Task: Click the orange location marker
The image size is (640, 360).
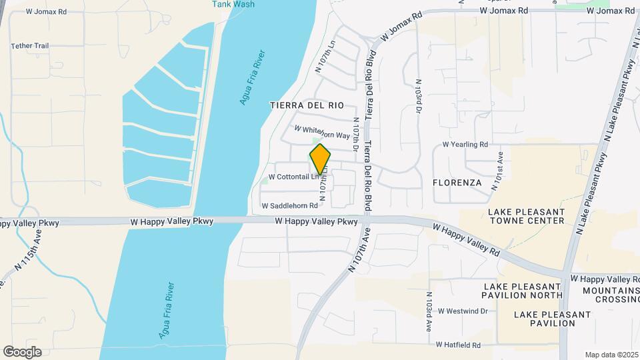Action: point(321,159)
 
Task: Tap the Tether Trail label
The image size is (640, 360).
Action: point(30,46)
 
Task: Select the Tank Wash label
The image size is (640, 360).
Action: point(233,4)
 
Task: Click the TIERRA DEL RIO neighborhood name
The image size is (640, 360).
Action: point(307,105)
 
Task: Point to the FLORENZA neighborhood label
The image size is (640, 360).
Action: point(457,182)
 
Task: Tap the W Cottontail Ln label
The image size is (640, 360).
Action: point(291,177)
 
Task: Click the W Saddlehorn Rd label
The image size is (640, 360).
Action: point(289,206)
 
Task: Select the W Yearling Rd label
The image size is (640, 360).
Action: point(465,144)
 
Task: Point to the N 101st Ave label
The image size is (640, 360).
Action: point(497,171)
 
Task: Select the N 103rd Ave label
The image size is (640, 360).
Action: point(429,312)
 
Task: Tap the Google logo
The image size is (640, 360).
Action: point(22,352)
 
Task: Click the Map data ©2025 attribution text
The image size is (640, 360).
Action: point(611,355)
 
